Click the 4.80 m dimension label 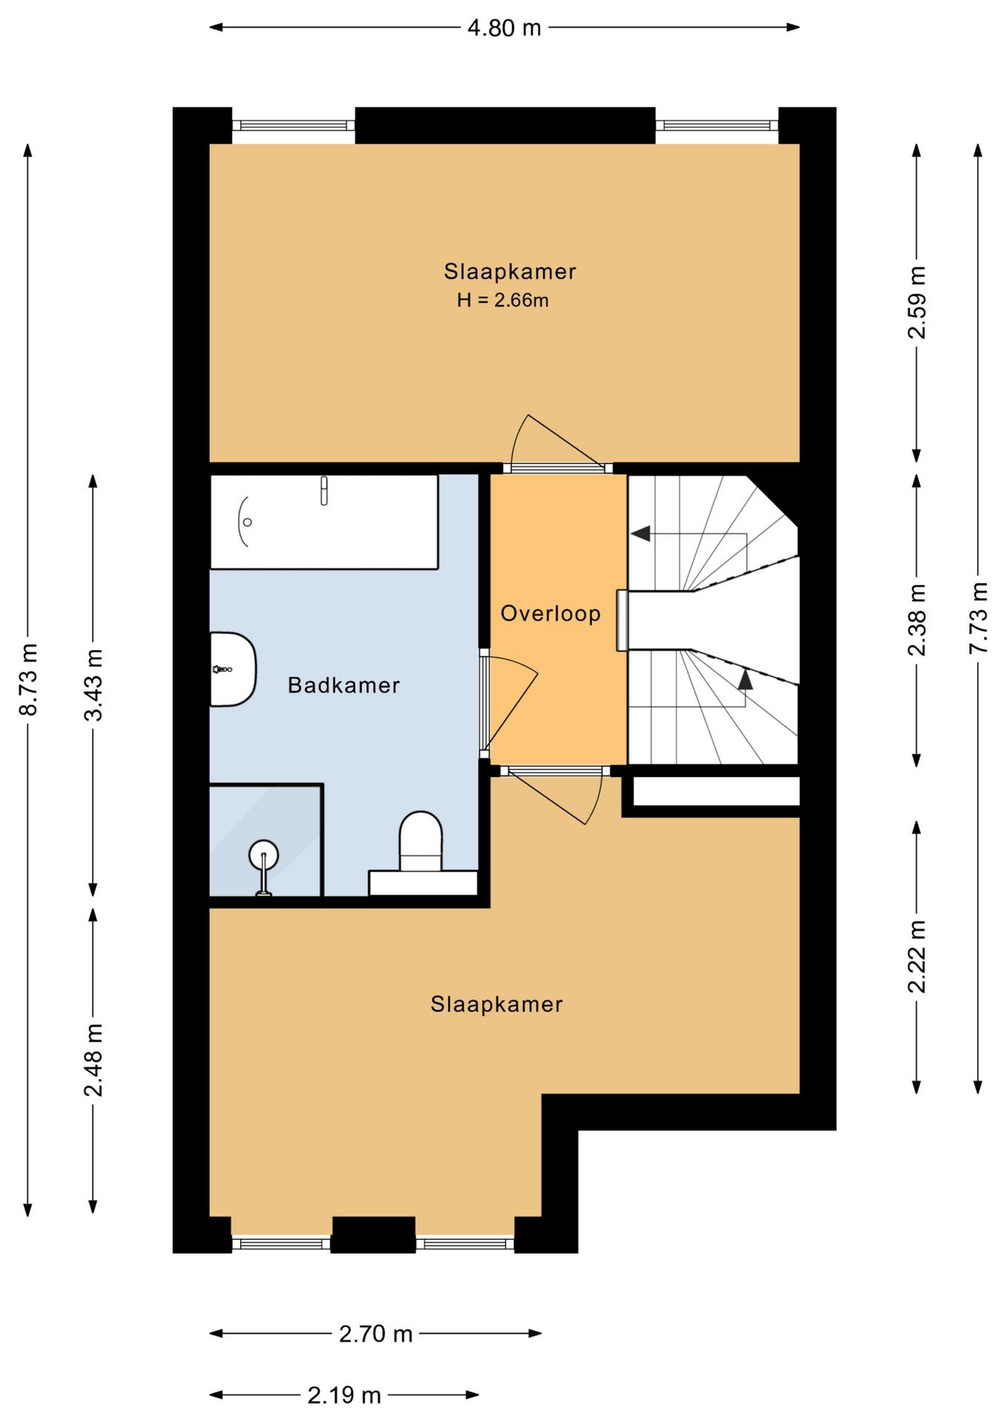[504, 28]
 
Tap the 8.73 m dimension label [28, 679]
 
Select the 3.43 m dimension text [93, 684]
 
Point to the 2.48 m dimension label [93, 1060]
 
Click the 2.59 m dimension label [917, 302]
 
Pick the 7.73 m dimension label [979, 618]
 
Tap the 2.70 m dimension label [376, 1334]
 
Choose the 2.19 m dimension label [344, 1395]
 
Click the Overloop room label [550, 613]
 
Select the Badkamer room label [344, 685]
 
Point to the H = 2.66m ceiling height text [503, 300]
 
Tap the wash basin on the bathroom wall [233, 670]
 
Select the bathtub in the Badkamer [324, 522]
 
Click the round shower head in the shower [264, 854]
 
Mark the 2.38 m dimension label [917, 620]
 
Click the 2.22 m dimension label [917, 956]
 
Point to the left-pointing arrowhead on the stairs [641, 533]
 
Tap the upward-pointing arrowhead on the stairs [745, 679]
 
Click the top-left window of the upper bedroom [293, 126]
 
